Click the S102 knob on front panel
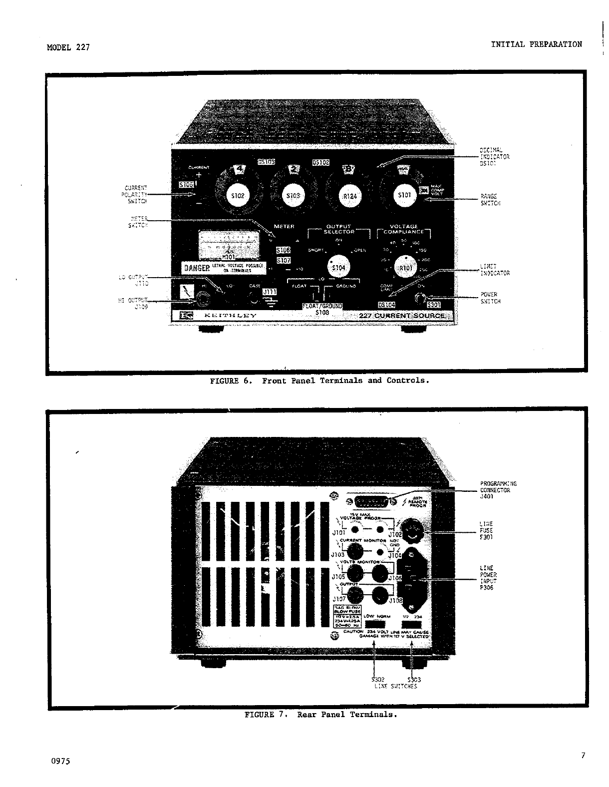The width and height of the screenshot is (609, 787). click(238, 195)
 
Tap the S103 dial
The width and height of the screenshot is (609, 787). click(293, 195)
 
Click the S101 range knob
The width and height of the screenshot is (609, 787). click(404, 194)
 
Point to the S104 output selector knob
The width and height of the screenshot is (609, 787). click(338, 268)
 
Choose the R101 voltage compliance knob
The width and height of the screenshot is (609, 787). click(405, 268)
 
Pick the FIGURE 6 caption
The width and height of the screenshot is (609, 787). click(319, 381)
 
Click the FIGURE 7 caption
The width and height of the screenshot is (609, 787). click(320, 715)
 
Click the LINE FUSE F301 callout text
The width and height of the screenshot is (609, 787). click(486, 531)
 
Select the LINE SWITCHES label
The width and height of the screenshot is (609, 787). click(395, 686)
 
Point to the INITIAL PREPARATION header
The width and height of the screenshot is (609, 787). click(536, 44)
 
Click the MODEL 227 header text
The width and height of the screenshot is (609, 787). click(68, 48)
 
